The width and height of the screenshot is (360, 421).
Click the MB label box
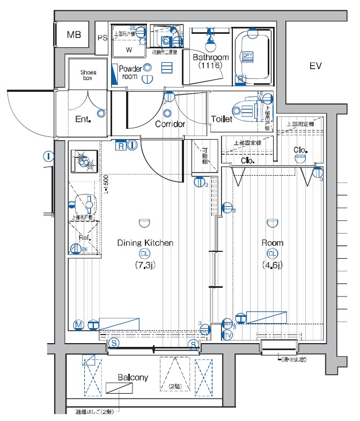point(74,35)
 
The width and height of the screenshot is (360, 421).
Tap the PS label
point(102,38)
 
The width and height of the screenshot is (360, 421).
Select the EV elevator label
point(315,66)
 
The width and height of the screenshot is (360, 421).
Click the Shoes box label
point(88,75)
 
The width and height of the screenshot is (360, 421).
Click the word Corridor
point(170,124)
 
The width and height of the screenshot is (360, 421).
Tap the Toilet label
point(222,119)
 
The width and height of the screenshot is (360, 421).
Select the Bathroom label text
point(211,57)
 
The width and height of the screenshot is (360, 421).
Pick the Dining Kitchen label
point(145,243)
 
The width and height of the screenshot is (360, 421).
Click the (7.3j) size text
point(144,265)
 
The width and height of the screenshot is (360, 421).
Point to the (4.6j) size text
point(272,265)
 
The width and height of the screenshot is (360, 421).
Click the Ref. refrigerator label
point(84,238)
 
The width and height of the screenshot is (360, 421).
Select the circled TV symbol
point(227,335)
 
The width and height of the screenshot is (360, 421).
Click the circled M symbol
point(78,325)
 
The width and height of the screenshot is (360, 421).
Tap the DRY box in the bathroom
point(247,55)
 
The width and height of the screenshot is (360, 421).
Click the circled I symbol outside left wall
point(49,157)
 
